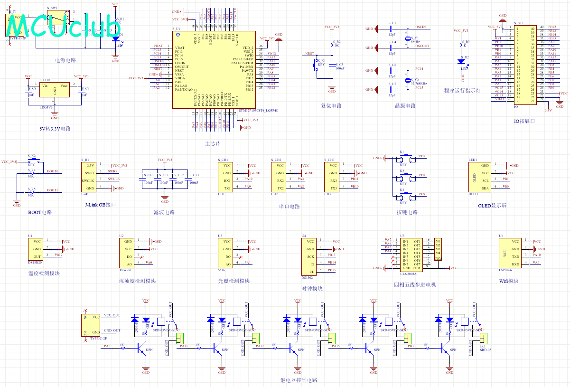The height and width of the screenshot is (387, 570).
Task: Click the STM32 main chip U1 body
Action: pyautogui.click(x=214, y=69)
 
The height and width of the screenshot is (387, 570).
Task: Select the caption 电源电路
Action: pyautogui.click(x=65, y=60)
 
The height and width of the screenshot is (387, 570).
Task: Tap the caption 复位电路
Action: pyautogui.click(x=331, y=106)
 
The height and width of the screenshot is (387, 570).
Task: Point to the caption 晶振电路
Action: pyautogui.click(x=405, y=106)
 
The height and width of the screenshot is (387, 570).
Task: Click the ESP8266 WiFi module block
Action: pyautogui.click(x=509, y=252)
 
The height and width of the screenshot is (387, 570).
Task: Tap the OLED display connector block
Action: pyautogui.click(x=479, y=177)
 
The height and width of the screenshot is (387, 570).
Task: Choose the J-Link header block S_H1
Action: pyautogui.click(x=90, y=177)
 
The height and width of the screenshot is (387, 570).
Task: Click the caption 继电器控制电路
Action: pyautogui.click(x=299, y=380)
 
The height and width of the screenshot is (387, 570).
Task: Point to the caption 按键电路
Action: pyautogui.click(x=407, y=212)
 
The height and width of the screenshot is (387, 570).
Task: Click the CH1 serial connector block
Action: pyautogui.click(x=227, y=177)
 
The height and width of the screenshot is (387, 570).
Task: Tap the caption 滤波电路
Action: pyautogui.click(x=164, y=212)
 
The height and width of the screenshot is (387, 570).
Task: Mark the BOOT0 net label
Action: pyautogui.click(x=53, y=171)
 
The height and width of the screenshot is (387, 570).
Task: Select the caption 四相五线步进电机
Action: pyautogui.click(x=414, y=285)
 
